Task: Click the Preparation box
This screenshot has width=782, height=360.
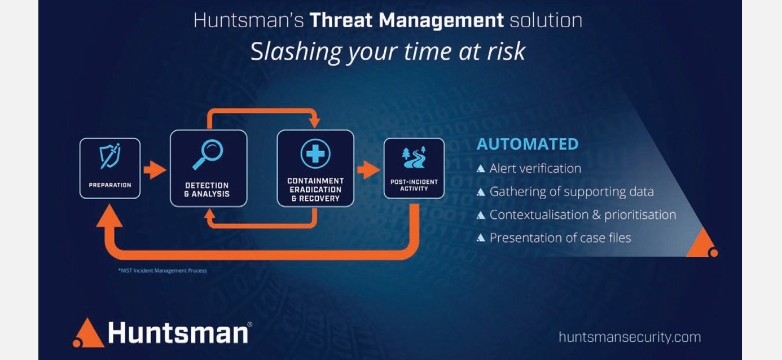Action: click(x=110, y=168)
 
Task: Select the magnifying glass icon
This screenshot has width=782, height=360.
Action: click(x=208, y=154)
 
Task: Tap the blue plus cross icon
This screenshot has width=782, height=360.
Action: click(x=315, y=153)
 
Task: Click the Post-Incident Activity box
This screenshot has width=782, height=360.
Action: click(x=414, y=168)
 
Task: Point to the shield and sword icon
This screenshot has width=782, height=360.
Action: click(x=110, y=156)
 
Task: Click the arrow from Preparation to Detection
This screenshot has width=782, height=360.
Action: click(x=155, y=170)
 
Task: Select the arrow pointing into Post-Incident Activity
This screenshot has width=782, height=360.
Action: click(x=368, y=170)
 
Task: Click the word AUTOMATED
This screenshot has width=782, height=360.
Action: click(x=528, y=144)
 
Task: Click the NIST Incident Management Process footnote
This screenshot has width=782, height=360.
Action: click(x=162, y=271)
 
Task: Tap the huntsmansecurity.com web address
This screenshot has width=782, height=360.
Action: click(x=630, y=337)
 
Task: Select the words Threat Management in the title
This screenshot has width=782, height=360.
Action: click(x=406, y=20)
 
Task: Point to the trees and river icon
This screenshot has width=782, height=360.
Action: click(x=414, y=157)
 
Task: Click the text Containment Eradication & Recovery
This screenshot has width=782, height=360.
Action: click(x=315, y=190)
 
